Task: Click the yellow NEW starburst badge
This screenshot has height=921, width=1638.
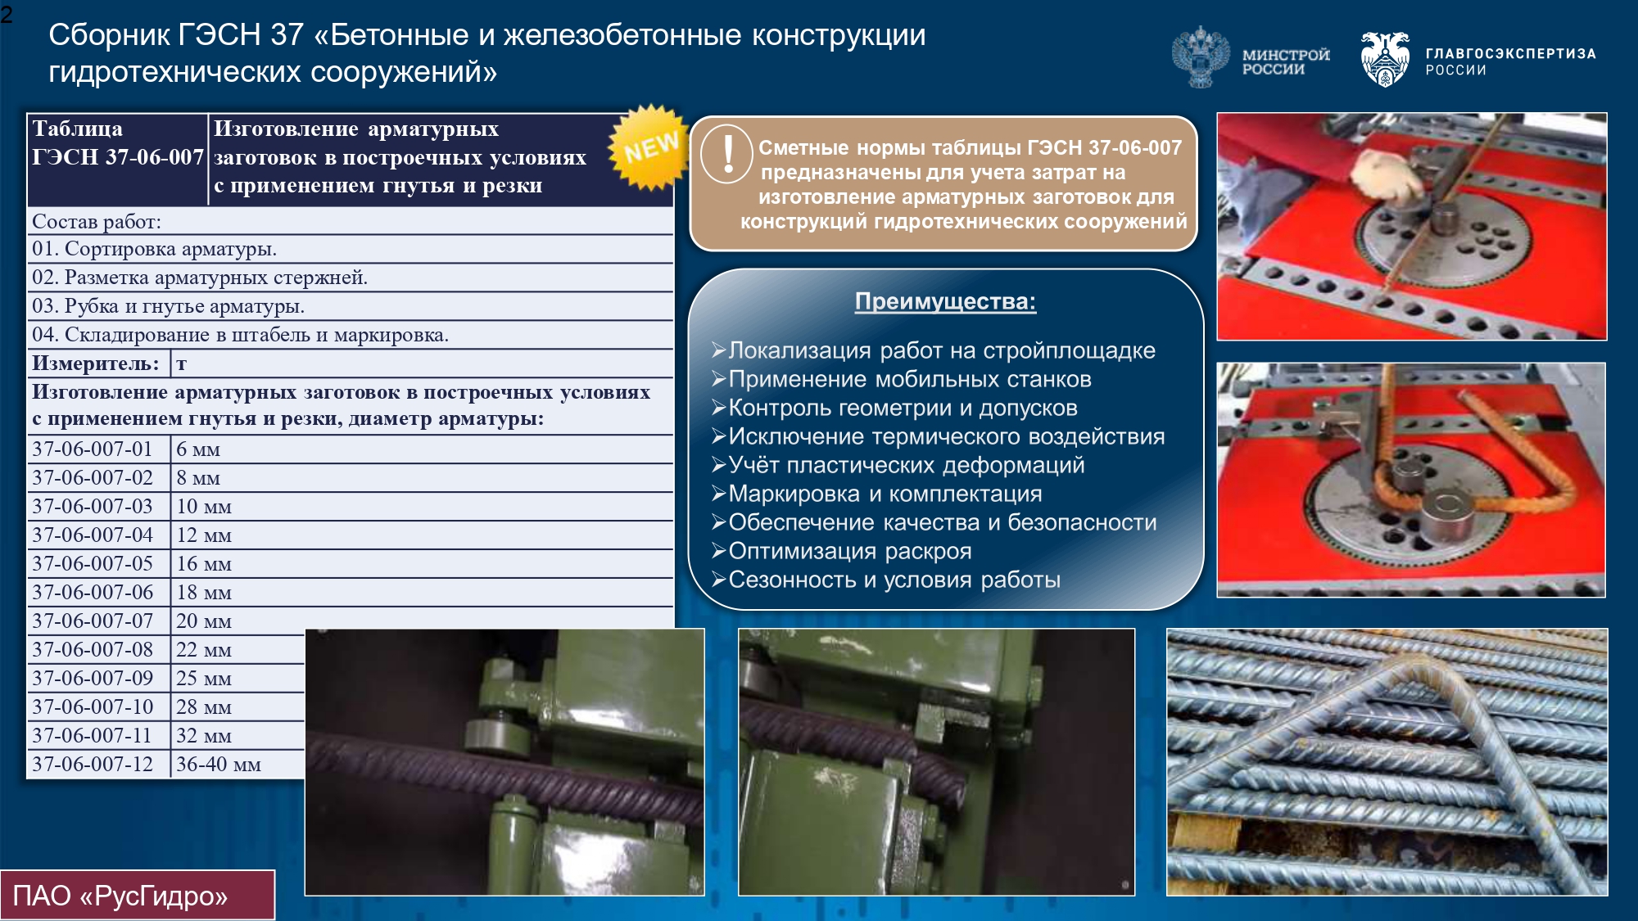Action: click(x=649, y=147)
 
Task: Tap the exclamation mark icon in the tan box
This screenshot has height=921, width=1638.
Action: click(x=727, y=154)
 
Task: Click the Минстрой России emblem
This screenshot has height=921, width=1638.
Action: click(x=1200, y=57)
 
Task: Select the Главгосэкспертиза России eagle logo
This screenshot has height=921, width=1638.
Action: click(x=1384, y=59)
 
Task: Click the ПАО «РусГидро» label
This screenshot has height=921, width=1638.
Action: click(x=120, y=896)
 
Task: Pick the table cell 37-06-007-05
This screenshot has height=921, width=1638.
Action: click(x=93, y=563)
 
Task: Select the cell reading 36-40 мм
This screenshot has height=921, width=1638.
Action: click(x=218, y=764)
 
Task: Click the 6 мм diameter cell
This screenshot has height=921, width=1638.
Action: click(x=198, y=449)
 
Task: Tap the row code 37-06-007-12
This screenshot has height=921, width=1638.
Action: click(x=93, y=764)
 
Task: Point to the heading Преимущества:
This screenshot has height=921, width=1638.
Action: click(x=945, y=301)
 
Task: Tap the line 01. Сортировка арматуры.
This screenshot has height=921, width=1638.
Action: click(x=154, y=249)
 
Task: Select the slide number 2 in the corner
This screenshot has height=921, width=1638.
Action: click(x=7, y=14)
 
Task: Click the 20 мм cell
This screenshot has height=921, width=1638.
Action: click(x=204, y=621)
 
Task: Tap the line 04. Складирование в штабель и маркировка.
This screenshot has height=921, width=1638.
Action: click(x=240, y=334)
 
